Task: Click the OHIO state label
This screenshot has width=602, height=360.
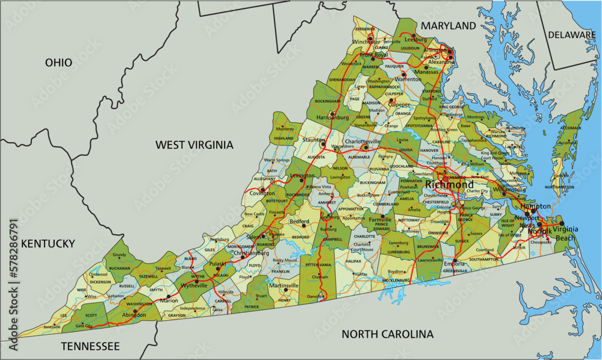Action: (x=58, y=63)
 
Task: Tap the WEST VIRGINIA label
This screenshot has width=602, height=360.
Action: (x=194, y=144)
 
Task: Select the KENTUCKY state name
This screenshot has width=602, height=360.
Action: (x=48, y=244)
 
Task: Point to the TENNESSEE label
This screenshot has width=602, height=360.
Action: (x=90, y=346)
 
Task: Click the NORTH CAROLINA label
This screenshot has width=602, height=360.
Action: (x=387, y=334)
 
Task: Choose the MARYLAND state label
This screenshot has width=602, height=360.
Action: (x=448, y=26)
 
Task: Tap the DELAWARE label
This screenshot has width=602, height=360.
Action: (x=571, y=35)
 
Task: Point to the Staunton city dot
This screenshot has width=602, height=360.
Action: (x=323, y=144)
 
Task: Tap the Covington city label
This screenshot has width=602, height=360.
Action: (x=258, y=194)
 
